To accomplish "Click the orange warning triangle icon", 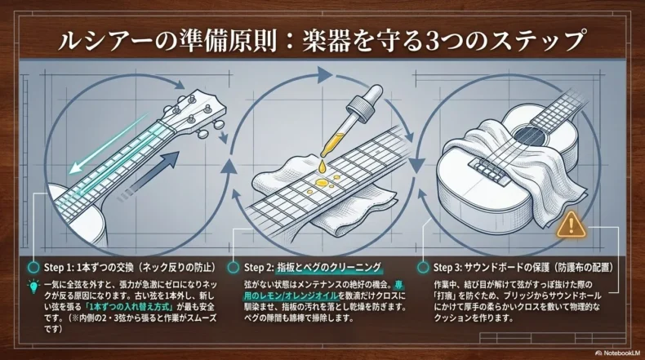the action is click(571, 224).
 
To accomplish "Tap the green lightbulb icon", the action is click(33, 287).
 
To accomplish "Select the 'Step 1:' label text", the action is click(59, 268).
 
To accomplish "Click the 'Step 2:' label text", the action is click(259, 268).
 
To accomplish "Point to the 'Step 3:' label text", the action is click(447, 268).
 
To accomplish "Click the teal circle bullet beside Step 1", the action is click(33, 268).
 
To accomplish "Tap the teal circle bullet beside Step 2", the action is click(234, 268).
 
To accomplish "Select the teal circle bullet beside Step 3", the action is click(422, 268).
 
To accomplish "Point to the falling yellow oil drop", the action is click(322, 167).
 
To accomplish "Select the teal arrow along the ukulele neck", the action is click(109, 142).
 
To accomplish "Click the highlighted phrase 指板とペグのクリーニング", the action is click(329, 268).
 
